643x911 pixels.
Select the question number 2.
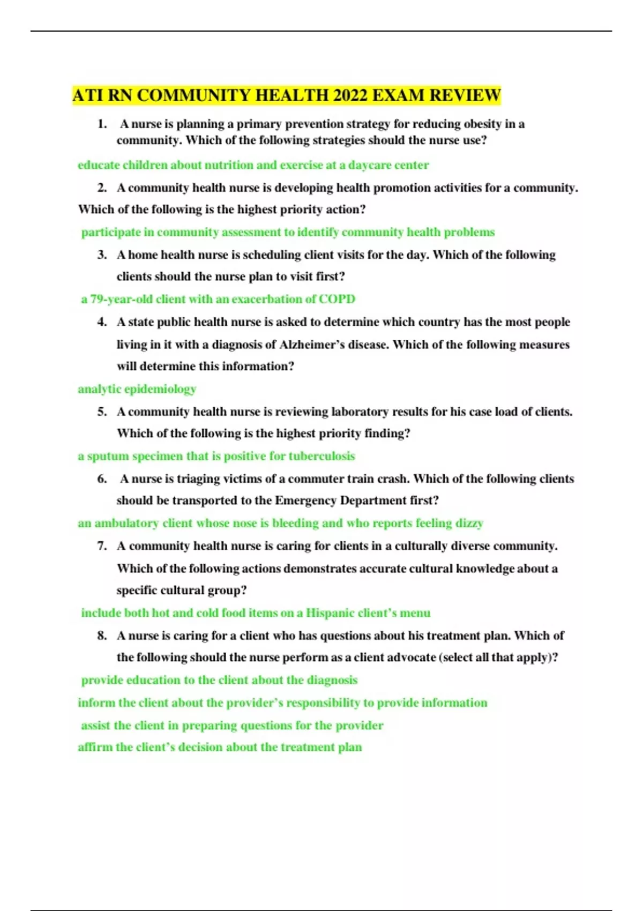[x=102, y=188]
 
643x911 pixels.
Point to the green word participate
[x=112, y=233]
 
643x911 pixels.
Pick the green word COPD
[x=337, y=299]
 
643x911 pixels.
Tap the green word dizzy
[x=470, y=523]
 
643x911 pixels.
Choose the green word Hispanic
[x=330, y=613]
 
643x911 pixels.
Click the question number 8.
[x=102, y=636]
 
